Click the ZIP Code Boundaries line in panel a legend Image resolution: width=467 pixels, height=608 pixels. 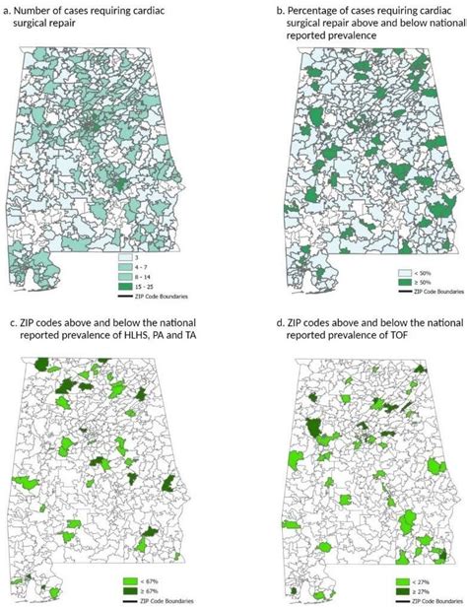(x=124, y=296)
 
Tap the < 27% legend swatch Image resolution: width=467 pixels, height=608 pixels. (x=403, y=579)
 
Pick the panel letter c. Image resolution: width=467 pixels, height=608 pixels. (x=7, y=323)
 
